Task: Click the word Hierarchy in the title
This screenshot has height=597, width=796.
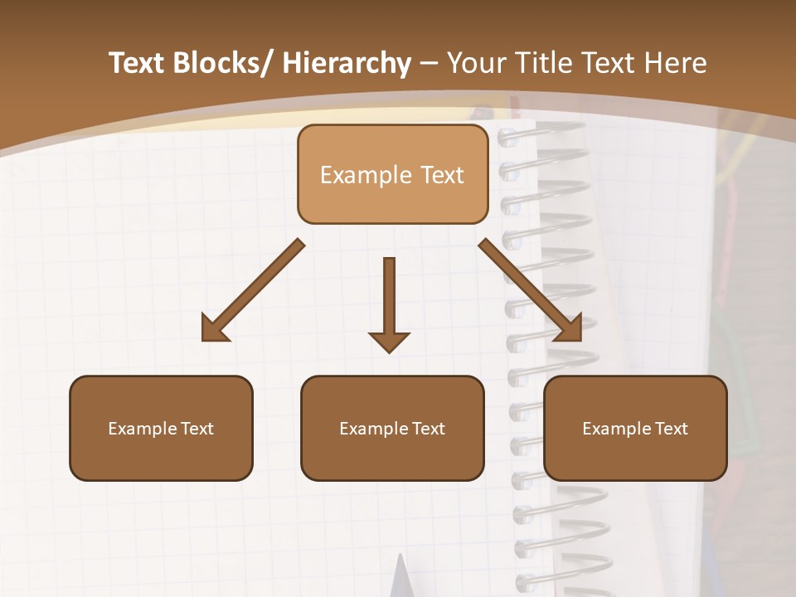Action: [346, 63]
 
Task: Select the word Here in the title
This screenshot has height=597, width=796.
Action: [677, 63]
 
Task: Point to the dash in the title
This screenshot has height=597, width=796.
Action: [429, 63]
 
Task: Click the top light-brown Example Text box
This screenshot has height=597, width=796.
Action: [392, 174]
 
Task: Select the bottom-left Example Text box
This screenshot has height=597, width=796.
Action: [161, 428]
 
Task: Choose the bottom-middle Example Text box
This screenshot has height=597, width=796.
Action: [392, 428]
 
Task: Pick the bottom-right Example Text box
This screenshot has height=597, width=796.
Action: [635, 428]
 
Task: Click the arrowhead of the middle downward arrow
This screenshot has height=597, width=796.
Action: [389, 341]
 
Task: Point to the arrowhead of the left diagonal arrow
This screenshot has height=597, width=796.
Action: [212, 330]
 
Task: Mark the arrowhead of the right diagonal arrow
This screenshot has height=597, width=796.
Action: [570, 330]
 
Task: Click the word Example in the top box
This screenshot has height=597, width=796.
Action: [354, 175]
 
